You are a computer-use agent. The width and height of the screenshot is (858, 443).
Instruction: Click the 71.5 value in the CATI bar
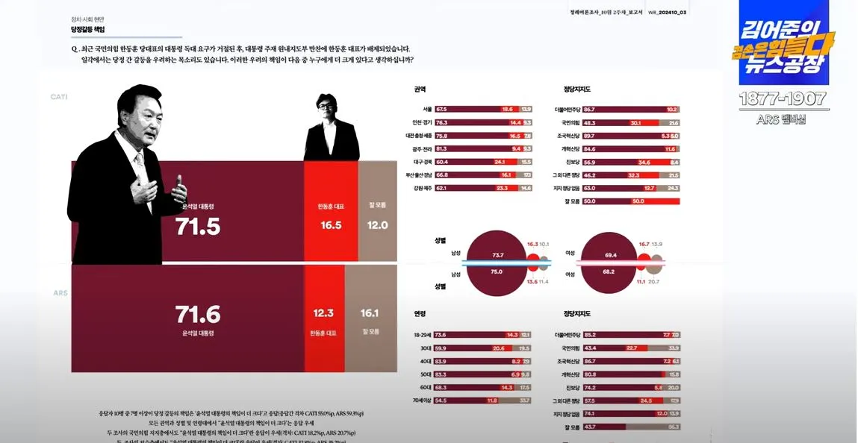(x=198, y=226)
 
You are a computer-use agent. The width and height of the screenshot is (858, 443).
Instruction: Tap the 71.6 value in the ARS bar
(x=198, y=314)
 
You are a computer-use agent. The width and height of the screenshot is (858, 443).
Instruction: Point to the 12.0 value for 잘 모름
(x=377, y=225)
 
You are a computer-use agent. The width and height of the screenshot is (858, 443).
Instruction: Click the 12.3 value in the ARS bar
(x=323, y=314)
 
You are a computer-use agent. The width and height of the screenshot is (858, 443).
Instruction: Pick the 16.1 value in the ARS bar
(x=370, y=314)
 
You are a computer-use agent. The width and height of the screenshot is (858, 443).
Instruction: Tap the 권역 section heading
(x=420, y=89)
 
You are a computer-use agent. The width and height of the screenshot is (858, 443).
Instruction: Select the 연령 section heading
(x=420, y=313)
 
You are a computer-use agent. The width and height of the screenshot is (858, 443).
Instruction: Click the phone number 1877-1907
(x=783, y=99)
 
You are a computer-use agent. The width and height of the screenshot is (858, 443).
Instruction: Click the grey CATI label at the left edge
(x=60, y=97)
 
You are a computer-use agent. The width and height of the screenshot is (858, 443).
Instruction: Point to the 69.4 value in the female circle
(x=611, y=255)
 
